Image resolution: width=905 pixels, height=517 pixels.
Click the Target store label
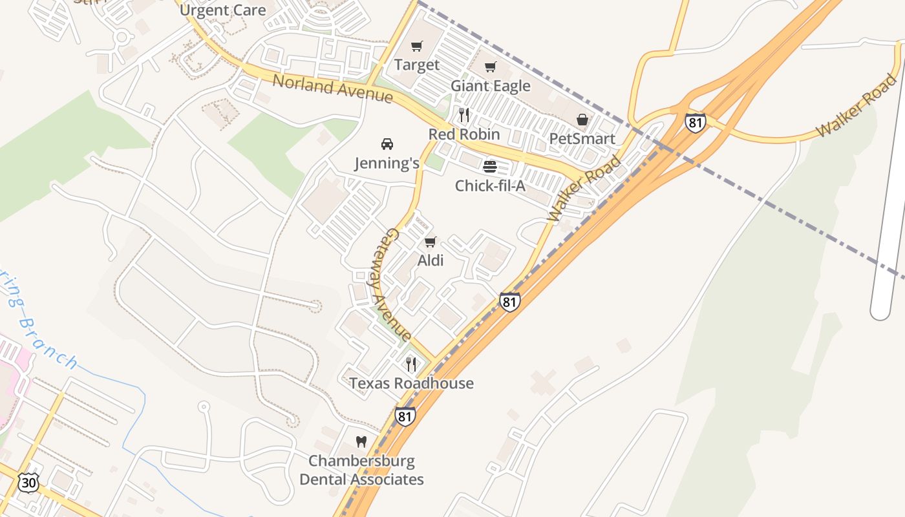pos(417,65)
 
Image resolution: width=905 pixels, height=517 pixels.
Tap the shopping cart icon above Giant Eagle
pos(491,67)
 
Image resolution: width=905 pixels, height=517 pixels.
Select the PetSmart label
pos(582,138)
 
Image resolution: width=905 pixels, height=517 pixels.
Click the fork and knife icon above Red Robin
pos(464,115)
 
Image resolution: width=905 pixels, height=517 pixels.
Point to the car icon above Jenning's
pos(387,144)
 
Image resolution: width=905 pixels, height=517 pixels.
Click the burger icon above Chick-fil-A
pos(490,167)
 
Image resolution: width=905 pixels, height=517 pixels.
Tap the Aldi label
pos(431,260)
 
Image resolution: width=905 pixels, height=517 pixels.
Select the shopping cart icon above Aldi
pos(430,242)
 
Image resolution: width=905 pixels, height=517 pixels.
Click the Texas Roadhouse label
pos(412,383)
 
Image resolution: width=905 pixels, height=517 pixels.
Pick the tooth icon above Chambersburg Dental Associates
pos(361,442)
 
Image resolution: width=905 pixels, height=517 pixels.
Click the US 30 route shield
pos(28,482)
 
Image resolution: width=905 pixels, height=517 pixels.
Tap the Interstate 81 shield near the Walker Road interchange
pos(695,123)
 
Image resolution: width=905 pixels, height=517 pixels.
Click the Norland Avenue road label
pos(333,89)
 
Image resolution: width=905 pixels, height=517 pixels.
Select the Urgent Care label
pos(222,10)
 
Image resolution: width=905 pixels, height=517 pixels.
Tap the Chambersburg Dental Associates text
pos(361,470)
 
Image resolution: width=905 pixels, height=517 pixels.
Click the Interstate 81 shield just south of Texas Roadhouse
pos(405,416)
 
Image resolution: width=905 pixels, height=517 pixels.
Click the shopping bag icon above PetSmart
pos(582,120)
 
